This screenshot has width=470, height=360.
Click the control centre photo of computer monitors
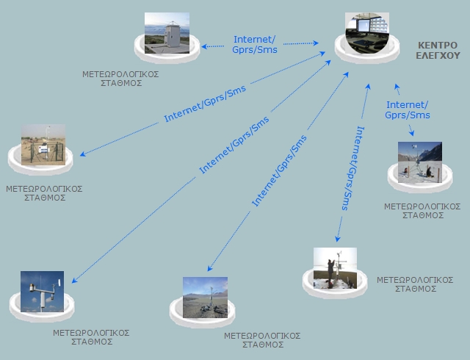tap(366, 32)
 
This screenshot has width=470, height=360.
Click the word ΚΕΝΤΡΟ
tap(438, 44)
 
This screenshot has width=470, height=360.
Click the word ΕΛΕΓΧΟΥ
tap(438, 54)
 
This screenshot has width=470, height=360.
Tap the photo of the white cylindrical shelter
tap(166, 33)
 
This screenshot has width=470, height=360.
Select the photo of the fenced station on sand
tap(43, 145)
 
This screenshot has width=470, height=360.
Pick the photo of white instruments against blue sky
tap(42, 292)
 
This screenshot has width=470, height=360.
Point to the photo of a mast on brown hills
tap(205, 297)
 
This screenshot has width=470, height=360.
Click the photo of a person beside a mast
tap(335, 268)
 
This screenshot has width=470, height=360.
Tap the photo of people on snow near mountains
tap(419, 162)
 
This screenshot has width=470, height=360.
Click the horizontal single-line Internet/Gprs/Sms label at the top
tap(255, 44)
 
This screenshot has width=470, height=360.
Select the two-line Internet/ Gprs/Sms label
tap(407, 110)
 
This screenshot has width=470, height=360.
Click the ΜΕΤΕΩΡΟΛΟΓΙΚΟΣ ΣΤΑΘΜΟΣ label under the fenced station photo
tap(43, 193)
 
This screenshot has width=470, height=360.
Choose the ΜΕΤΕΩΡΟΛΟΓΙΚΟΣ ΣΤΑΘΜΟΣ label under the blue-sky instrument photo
tap(91, 337)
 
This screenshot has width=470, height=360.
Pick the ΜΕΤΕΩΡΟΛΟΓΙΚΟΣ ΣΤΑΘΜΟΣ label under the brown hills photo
tap(262, 339)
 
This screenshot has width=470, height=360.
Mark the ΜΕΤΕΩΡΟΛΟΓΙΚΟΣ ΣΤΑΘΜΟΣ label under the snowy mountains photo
tap(422, 211)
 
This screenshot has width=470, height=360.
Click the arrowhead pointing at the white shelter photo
tap(204, 46)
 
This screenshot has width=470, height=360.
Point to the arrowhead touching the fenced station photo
tap(80, 155)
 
